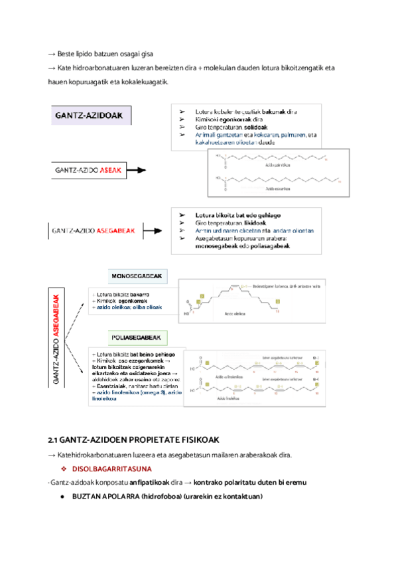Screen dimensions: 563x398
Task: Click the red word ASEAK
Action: (x=111, y=171)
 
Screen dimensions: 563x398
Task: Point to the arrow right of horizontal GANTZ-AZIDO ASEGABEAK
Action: (x=152, y=232)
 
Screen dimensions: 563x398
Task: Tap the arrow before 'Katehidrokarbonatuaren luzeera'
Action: (x=52, y=455)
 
